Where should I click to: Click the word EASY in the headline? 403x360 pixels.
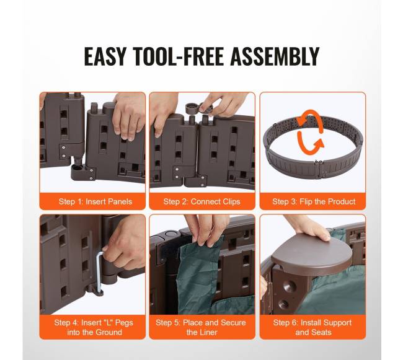[105, 56]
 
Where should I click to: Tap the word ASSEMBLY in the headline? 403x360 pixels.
[275, 56]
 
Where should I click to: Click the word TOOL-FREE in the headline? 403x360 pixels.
[178, 56]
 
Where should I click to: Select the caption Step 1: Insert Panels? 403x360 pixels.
[95, 201]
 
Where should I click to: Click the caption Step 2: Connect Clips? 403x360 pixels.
[201, 201]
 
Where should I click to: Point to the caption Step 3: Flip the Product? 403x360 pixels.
[314, 201]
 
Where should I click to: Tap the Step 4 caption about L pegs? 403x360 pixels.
[94, 327]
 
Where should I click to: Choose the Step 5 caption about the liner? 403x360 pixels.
[201, 327]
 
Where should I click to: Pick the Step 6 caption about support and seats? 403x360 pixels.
[312, 327]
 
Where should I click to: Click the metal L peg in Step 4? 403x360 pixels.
[99, 272]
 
